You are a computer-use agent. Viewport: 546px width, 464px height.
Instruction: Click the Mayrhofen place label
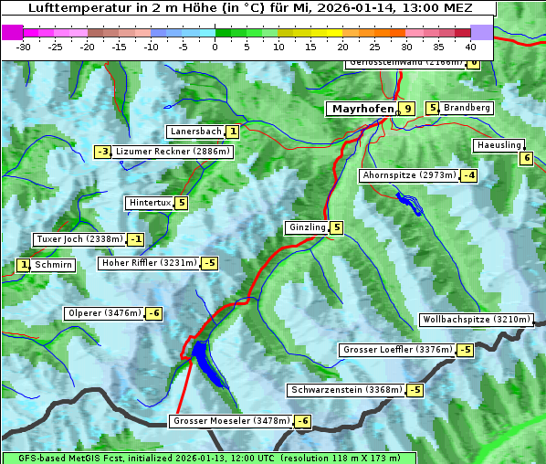tap(362, 109)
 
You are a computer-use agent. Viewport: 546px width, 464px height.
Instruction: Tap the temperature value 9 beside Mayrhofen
tap(407, 109)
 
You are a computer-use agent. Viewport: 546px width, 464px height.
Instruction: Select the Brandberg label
tap(467, 108)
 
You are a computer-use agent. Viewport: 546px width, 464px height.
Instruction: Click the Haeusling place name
tap(499, 145)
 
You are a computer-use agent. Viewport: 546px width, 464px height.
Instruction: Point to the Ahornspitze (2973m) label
tap(409, 174)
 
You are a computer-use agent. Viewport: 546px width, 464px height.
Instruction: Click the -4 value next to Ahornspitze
tap(469, 175)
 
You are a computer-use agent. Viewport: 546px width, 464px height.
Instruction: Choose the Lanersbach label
tap(196, 132)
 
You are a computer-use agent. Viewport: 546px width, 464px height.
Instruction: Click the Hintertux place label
tap(150, 203)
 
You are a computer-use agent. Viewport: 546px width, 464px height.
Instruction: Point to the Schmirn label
tap(54, 265)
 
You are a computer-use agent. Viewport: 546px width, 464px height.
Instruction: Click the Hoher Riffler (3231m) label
tap(149, 263)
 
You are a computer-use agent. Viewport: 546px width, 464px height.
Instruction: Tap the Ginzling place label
tap(307, 227)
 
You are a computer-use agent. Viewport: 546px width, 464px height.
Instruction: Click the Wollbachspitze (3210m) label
tap(475, 320)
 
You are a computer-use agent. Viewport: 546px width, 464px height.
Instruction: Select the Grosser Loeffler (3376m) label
tap(397, 350)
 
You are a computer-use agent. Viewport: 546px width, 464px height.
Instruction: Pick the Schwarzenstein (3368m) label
tap(345, 390)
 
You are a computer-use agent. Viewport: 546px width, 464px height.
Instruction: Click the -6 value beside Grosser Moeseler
tap(302, 421)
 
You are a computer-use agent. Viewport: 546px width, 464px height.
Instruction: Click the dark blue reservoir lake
tap(205, 361)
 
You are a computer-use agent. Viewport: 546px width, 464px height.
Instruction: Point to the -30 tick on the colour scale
tap(25, 47)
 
